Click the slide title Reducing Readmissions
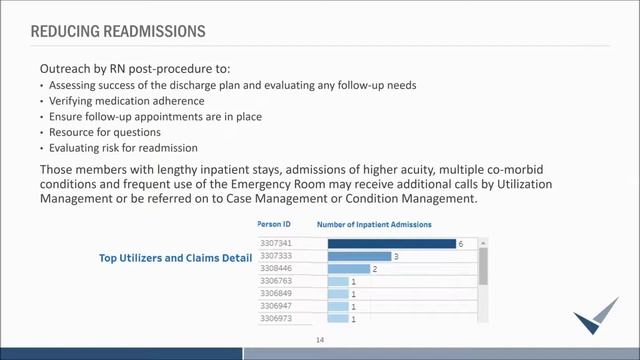tap(118, 32)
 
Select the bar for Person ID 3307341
tap(390, 243)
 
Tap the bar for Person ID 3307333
tap(358, 256)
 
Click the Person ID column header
tap(274, 225)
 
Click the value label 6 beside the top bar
tap(461, 244)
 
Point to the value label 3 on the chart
tap(397, 257)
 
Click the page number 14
tap(320, 340)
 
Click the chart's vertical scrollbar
tap(483, 265)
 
